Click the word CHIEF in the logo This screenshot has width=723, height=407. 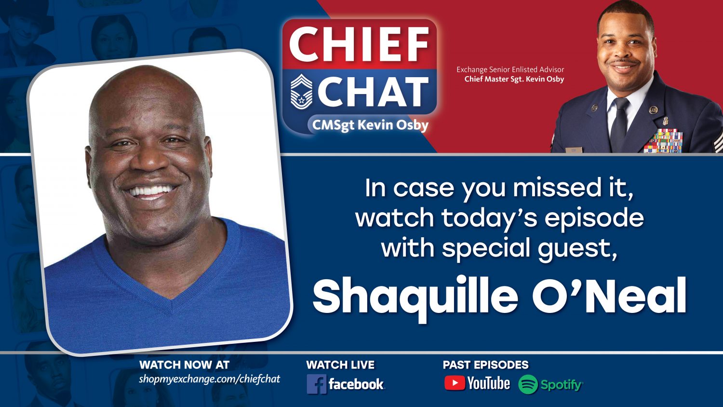pyautogui.click(x=359, y=44)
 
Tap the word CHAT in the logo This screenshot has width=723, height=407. pyautogui.click(x=373, y=92)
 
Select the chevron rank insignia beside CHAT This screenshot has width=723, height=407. pyautogui.click(x=301, y=92)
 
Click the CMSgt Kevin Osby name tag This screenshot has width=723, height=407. pyautogui.click(x=370, y=125)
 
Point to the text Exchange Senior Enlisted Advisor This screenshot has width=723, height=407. pyautogui.click(x=510, y=69)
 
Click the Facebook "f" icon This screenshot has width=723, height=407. pyautogui.click(x=316, y=384)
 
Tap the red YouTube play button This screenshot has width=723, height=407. pyautogui.click(x=454, y=383)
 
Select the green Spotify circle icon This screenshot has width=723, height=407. pyautogui.click(x=528, y=384)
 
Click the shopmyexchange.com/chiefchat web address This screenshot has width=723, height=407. pyautogui.click(x=209, y=379)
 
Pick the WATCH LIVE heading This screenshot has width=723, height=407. pyautogui.click(x=340, y=365)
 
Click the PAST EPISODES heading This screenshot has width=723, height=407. pyautogui.click(x=485, y=365)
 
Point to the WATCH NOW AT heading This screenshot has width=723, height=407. pyautogui.click(x=184, y=365)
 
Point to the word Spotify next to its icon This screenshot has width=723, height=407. pyautogui.click(x=561, y=385)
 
